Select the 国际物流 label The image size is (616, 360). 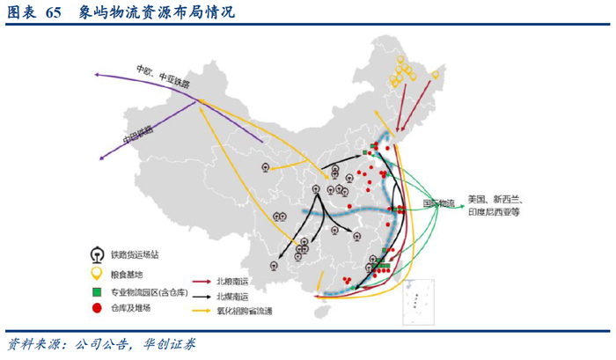click(x=438, y=203)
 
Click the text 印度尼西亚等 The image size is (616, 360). click(x=494, y=212)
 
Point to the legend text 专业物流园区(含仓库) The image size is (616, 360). click(x=149, y=291)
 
